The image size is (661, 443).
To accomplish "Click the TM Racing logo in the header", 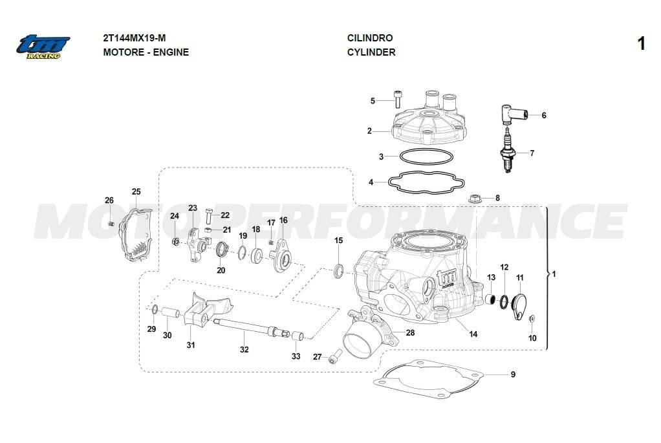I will (x=43, y=46).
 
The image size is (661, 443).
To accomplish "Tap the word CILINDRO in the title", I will (x=370, y=38).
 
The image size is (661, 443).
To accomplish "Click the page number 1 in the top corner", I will (x=641, y=44).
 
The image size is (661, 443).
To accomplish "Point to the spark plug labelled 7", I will (x=508, y=151).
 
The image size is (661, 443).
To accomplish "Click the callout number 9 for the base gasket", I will (x=513, y=374).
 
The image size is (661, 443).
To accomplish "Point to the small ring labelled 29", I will (x=154, y=308).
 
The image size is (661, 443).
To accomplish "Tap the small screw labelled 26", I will (x=111, y=224).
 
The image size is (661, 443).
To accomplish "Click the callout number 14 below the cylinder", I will (x=473, y=334).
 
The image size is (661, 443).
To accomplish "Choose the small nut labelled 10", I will (x=532, y=318).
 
